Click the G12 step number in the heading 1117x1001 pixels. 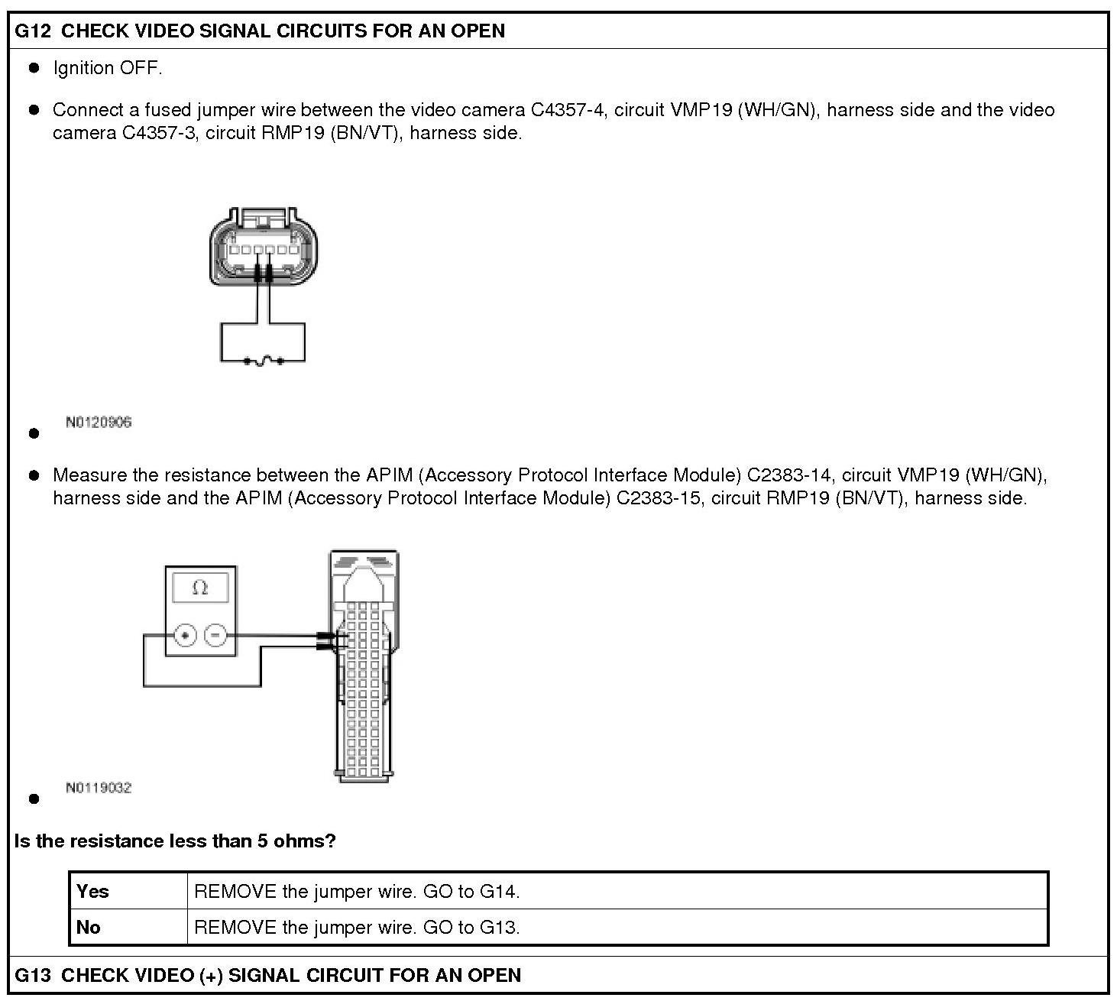coord(33,31)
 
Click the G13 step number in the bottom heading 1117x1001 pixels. coord(33,975)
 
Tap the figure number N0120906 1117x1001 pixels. coord(99,422)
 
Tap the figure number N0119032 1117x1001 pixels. coord(99,788)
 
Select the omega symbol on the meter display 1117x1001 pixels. coord(200,588)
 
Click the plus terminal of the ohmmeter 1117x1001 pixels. coord(185,636)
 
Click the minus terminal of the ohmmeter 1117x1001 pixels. coord(215,636)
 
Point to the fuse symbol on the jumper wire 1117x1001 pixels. coord(264,361)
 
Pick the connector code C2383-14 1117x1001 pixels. coord(789,475)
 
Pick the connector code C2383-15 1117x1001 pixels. coord(659,498)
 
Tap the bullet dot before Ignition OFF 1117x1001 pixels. coord(34,68)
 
